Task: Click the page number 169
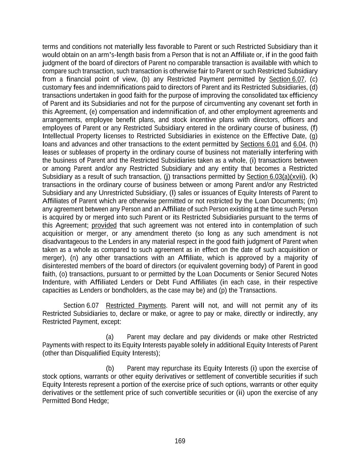click(x=180, y=441)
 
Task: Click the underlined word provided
click(x=104, y=225)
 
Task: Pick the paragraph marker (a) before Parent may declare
click(x=110, y=337)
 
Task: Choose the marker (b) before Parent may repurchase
click(x=110, y=368)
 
